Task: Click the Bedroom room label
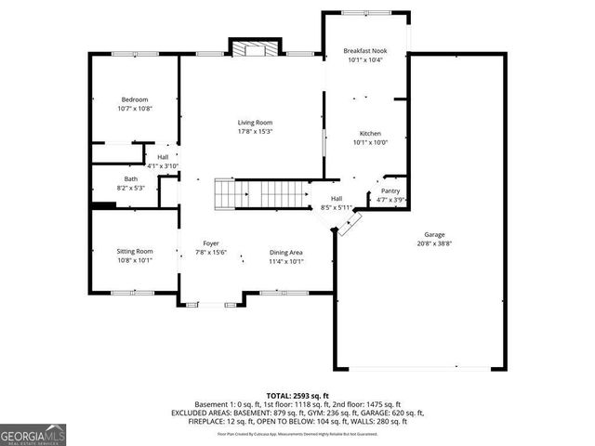coord(135,100)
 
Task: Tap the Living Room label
coord(255,123)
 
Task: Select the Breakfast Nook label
coord(364,51)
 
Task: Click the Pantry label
coord(390,190)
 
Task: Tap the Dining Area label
coord(286,253)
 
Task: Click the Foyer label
coord(211,243)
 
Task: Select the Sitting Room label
coord(134,252)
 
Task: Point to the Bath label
coord(131,179)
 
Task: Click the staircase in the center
coord(260,194)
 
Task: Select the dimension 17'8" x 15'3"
coord(255,131)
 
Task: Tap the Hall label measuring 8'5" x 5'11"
coord(337,199)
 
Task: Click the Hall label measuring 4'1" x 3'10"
coord(163,158)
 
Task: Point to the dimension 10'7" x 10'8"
coord(135,109)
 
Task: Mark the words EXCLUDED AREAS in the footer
coord(201,413)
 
